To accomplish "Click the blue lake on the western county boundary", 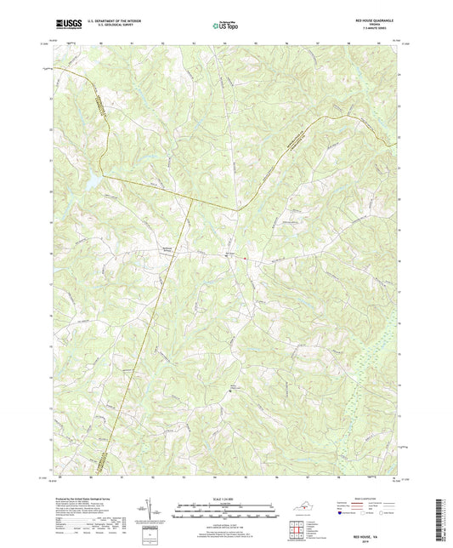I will (89, 178).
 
